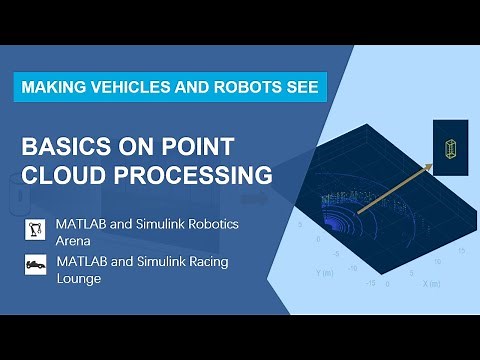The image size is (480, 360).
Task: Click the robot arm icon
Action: (x=36, y=231)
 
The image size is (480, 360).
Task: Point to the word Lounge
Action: (x=80, y=277)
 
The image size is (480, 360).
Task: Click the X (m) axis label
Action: (x=431, y=283)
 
